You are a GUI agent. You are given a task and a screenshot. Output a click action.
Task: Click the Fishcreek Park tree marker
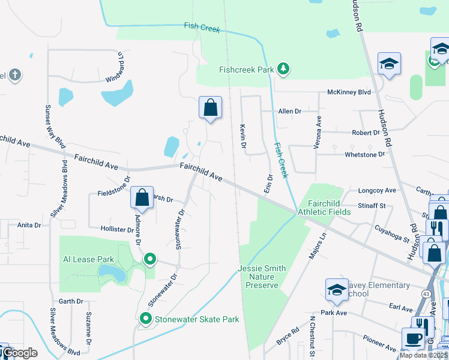283,70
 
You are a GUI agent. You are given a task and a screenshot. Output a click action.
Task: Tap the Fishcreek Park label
246,70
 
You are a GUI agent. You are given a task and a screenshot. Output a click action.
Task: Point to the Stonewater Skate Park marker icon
145,319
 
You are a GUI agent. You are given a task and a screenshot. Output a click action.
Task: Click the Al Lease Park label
88,259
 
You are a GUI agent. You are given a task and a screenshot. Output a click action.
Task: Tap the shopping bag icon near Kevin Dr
211,109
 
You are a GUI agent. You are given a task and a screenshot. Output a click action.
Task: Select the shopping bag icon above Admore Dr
142,197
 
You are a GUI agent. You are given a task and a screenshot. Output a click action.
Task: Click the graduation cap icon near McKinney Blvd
389,64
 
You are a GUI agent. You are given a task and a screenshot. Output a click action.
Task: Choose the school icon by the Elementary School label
337,289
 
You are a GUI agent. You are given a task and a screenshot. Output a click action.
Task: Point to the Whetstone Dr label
364,154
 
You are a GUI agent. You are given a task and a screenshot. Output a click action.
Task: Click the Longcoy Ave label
376,191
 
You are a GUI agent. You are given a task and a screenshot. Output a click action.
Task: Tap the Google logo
20,353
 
